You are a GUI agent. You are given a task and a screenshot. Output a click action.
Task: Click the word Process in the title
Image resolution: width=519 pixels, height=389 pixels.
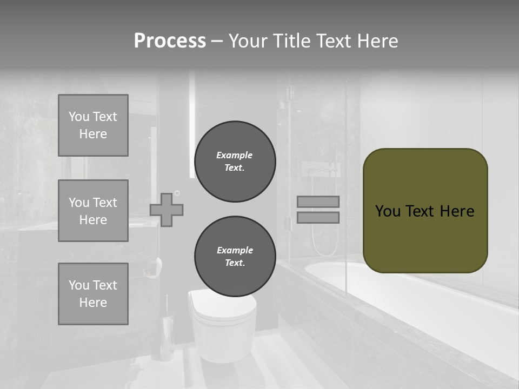point(170,41)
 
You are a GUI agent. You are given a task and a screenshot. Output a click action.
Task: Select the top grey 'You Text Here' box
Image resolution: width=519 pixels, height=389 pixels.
point(93,125)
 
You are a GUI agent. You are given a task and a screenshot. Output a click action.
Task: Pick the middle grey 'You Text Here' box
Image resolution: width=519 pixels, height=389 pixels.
point(93,211)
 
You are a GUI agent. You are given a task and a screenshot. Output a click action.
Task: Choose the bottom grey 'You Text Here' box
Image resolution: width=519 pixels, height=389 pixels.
point(93,294)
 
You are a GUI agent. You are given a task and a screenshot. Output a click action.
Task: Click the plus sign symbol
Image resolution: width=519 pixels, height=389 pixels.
point(167,210)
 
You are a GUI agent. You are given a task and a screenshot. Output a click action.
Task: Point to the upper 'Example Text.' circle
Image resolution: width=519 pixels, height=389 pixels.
point(235,162)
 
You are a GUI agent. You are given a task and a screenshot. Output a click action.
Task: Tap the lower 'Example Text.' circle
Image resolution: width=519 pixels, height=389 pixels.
point(235,257)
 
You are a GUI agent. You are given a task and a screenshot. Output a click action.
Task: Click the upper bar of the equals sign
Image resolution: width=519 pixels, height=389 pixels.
point(318,202)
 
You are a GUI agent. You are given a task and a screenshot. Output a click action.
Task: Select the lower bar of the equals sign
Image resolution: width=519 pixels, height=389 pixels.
point(318,218)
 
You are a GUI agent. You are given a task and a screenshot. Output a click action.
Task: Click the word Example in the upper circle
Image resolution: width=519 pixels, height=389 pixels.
point(234,155)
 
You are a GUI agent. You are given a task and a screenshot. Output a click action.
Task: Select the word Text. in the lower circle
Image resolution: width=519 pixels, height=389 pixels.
point(234,263)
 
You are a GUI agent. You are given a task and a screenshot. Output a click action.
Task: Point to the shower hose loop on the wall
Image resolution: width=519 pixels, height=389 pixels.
point(324,238)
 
